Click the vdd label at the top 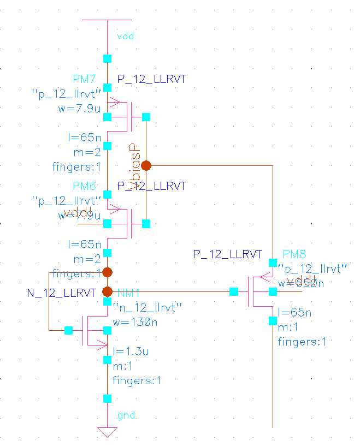tap(126, 37)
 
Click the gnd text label tap(126, 416)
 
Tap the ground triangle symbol tap(107, 432)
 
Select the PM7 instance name tap(84, 80)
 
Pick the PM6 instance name tap(84, 186)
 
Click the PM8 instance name tap(294, 254)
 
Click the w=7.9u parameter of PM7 tap(79, 109)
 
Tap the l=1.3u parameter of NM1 tap(131, 351)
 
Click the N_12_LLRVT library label tap(61, 293)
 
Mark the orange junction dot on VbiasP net tap(146, 165)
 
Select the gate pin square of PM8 tap(234, 292)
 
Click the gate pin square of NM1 tap(68, 330)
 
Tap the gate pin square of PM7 tap(146, 117)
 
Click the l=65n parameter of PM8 tap(294, 313)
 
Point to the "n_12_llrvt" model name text tap(139, 308)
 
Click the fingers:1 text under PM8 tap(302, 342)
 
